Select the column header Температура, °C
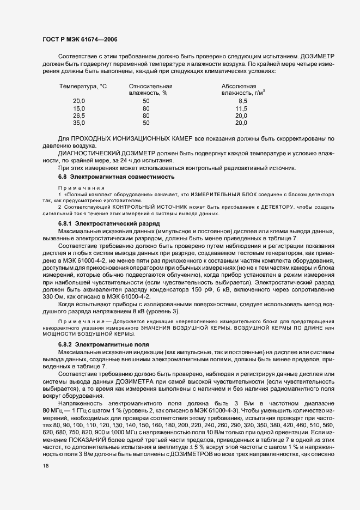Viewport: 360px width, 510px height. pos(83,87)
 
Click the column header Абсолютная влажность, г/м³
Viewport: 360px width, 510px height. pos(242,90)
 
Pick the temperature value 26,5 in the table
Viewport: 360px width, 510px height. pos(79,116)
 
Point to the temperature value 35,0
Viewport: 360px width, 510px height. pos(79,123)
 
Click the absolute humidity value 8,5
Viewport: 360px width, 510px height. pos(243,101)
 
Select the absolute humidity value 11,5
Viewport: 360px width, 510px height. pos(241,108)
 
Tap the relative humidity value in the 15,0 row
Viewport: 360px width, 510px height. pos(146,108)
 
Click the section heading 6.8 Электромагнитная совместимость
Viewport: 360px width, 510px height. pos(116,177)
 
